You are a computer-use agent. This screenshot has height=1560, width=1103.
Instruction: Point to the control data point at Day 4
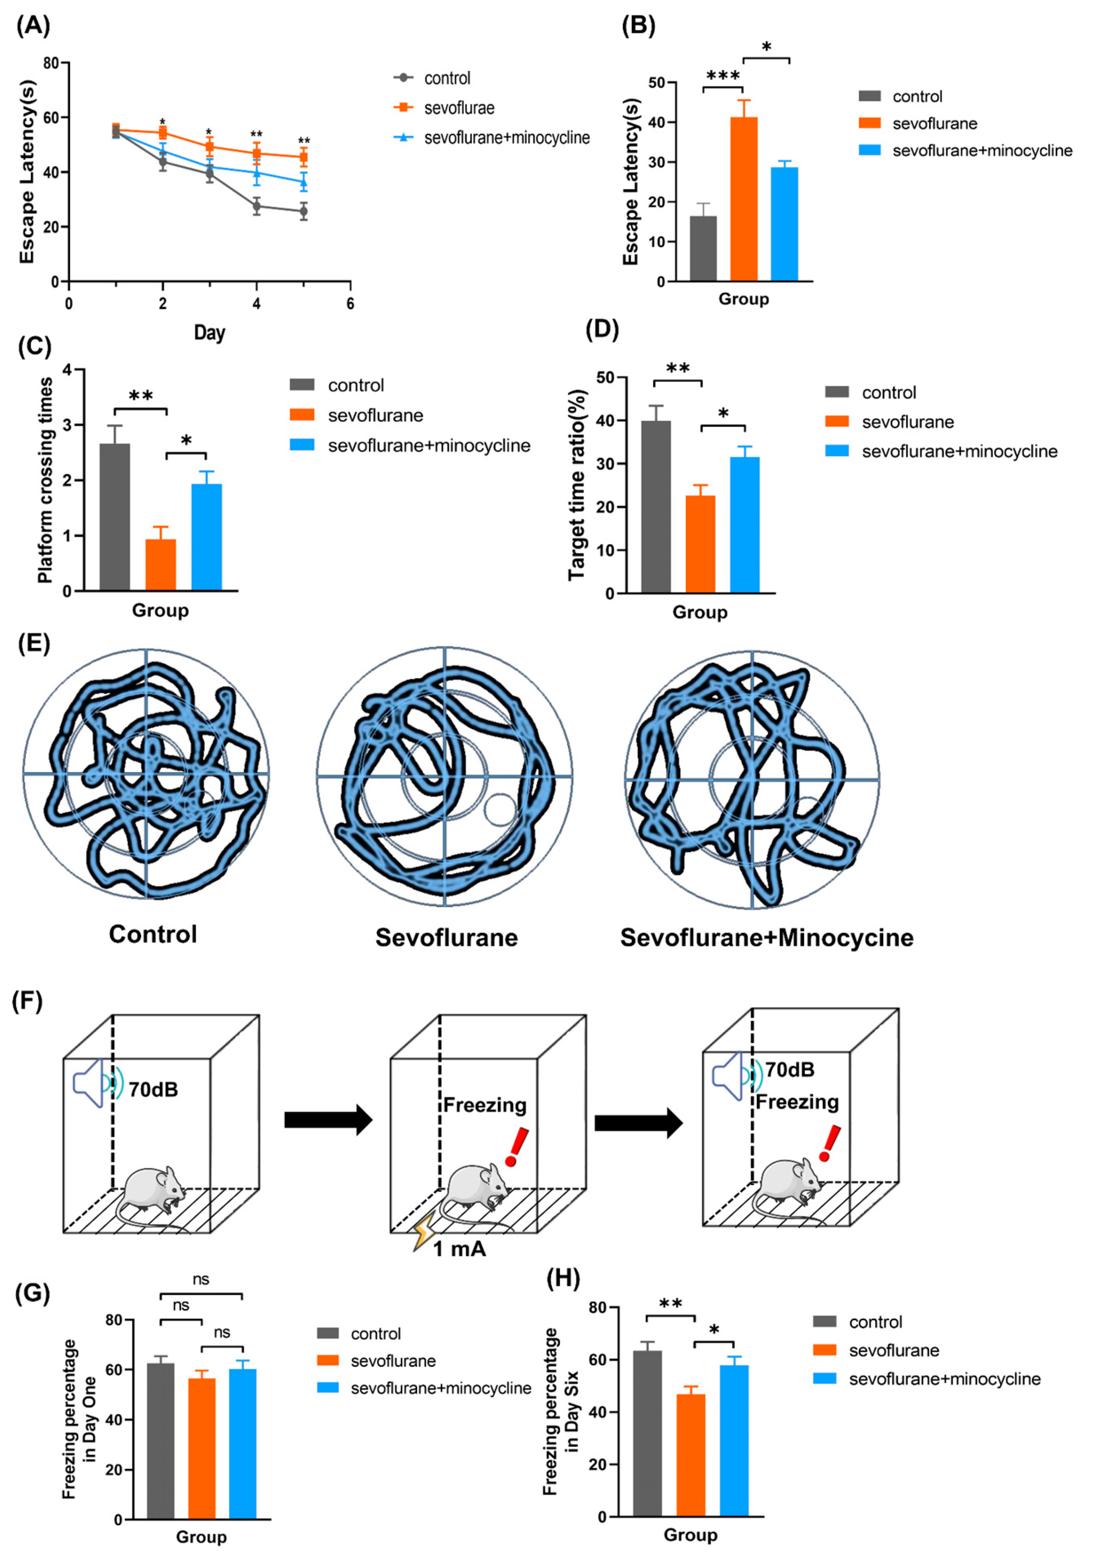tap(256, 207)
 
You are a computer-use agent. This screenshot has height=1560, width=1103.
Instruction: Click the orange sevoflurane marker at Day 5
tap(304, 157)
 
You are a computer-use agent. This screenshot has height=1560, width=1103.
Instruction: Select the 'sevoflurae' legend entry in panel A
tap(459, 108)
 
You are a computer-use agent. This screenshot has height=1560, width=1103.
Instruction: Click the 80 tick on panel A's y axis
tap(50, 63)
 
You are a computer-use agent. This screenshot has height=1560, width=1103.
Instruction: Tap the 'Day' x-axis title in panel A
tap(209, 332)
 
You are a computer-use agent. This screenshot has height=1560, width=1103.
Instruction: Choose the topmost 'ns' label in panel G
tap(200, 1280)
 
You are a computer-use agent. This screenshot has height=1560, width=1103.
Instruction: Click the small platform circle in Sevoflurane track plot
tap(500, 810)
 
